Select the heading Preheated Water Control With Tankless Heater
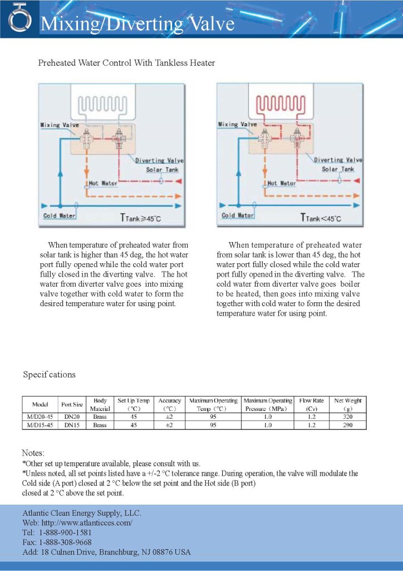point(126,63)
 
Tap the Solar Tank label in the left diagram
point(163,169)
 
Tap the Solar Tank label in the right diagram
point(338,169)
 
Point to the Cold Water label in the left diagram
point(60,215)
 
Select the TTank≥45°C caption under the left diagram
point(141,218)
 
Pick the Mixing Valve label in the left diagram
point(59,125)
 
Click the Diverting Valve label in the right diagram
point(338,160)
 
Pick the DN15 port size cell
point(72,425)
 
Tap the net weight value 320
point(347,417)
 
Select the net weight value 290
point(347,425)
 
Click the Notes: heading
point(33,453)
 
